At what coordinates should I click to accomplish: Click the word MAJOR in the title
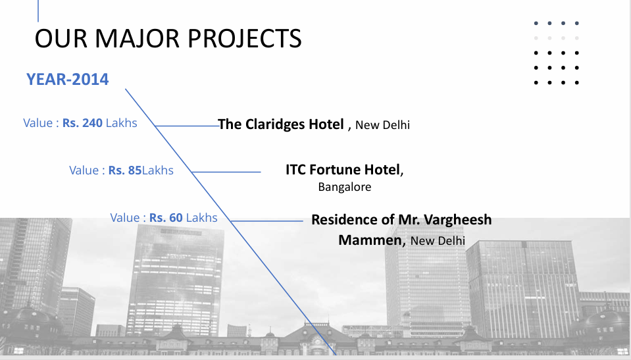[138, 39]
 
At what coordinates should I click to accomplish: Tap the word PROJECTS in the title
[245, 39]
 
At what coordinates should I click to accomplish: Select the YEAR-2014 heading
[68, 80]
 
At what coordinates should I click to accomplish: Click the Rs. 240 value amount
[82, 123]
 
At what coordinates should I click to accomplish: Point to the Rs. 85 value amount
[125, 170]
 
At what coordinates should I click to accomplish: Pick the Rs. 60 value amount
[166, 217]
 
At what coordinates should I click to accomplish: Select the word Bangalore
[345, 187]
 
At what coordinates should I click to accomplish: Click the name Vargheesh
[457, 220]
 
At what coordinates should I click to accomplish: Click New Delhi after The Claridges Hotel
[382, 125]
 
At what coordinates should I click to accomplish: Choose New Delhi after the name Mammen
[438, 241]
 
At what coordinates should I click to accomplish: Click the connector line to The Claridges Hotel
[187, 126]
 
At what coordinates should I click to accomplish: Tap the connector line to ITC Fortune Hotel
[226, 172]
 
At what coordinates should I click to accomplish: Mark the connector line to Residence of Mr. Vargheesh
[266, 220]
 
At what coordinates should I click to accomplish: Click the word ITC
[296, 170]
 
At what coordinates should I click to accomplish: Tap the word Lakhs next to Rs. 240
[122, 123]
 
